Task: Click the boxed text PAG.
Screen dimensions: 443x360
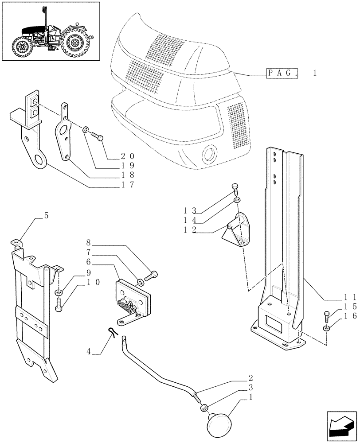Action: coord(282,74)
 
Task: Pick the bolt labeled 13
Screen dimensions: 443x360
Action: coord(235,189)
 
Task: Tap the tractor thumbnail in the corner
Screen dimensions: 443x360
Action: coord(51,31)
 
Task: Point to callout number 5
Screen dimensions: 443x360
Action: coord(46,216)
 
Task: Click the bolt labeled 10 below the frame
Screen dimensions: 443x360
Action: coord(59,304)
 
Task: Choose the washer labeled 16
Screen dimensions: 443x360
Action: coord(327,328)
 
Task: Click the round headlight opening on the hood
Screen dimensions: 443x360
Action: coord(208,155)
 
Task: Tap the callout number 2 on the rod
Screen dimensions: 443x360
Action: coord(251,378)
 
